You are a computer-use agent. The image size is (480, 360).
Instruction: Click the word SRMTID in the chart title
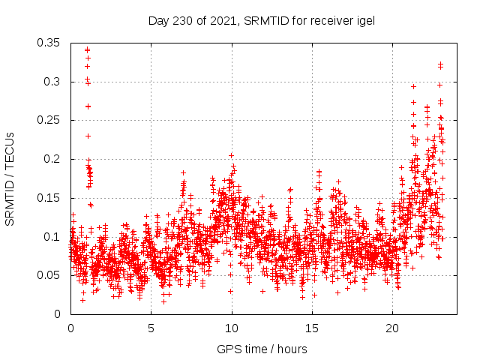point(265,20)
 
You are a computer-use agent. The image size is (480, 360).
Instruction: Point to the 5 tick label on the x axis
point(151,328)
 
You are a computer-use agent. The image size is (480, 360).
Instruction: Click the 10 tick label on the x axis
point(232,328)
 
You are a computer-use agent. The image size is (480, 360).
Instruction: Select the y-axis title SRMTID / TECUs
point(10,178)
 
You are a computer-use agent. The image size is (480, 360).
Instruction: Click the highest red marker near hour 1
point(87,49)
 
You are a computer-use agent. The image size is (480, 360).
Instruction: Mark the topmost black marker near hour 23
point(440,64)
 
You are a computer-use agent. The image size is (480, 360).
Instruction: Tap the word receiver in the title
point(325,20)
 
